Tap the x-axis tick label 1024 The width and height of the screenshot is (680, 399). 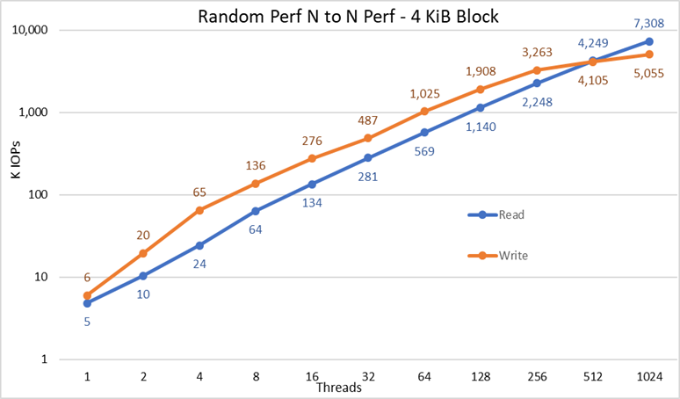click(x=649, y=375)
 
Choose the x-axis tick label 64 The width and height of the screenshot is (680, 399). click(x=424, y=375)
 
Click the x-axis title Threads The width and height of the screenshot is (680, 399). click(x=339, y=385)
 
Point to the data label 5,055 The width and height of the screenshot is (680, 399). click(x=648, y=75)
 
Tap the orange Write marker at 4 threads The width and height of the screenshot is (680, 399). click(x=199, y=210)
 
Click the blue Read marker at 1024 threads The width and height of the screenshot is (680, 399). click(x=649, y=41)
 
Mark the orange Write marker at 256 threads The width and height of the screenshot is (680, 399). click(x=537, y=70)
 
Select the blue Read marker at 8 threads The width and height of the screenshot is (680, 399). click(x=256, y=211)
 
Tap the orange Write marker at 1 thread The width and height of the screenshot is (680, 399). click(x=87, y=295)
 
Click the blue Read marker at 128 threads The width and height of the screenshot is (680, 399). click(x=481, y=108)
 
